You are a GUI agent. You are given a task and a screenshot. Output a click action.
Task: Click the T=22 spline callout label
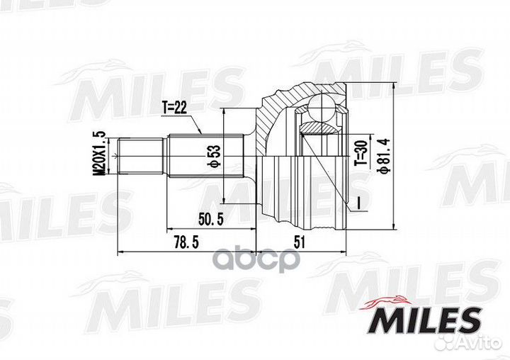[175, 108]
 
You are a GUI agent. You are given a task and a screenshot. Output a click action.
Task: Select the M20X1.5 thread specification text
[100, 153]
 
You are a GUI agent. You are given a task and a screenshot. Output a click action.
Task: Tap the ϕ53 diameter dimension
[215, 156]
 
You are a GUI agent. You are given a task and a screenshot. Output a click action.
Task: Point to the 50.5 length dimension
[211, 220]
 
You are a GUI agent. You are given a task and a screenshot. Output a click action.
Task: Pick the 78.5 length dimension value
[186, 242]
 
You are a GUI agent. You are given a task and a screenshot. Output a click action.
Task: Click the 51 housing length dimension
[299, 242]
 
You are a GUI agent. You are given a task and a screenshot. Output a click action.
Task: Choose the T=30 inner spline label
[361, 152]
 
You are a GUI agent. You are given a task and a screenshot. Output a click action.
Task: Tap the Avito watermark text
[469, 342]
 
